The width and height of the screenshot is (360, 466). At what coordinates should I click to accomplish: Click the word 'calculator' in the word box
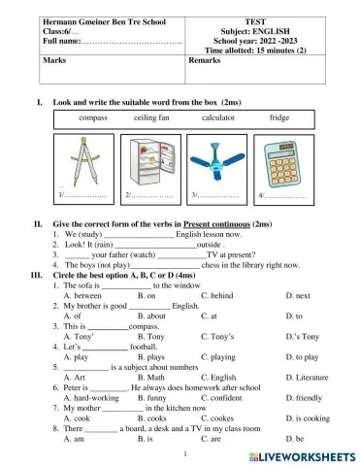(x=219, y=116)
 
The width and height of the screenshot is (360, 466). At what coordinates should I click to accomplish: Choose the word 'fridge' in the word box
(x=279, y=116)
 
